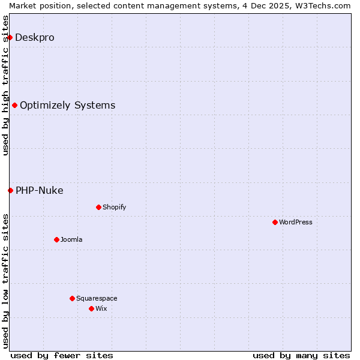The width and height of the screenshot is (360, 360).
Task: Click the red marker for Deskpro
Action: tap(10, 37)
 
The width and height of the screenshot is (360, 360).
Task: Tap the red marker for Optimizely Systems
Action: tap(14, 106)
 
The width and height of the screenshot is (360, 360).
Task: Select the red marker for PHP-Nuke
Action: tap(10, 191)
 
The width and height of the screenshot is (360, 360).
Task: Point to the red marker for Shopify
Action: tap(98, 208)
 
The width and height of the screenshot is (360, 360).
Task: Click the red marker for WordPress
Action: tap(275, 222)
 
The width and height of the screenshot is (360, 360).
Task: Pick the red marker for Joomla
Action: tap(56, 239)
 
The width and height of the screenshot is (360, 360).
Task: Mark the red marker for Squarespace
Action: tap(72, 298)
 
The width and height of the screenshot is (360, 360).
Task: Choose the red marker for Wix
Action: tap(91, 308)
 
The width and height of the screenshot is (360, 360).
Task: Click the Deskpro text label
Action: tap(35, 37)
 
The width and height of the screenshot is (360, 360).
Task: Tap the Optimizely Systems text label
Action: tap(68, 106)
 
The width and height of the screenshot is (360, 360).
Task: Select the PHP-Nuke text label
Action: tap(40, 191)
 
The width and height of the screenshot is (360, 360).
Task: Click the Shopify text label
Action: tap(115, 208)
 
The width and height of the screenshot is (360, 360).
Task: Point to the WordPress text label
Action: tap(296, 222)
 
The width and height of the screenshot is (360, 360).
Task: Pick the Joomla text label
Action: tap(71, 239)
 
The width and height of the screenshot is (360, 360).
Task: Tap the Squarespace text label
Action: tap(97, 298)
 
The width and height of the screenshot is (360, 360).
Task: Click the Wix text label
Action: tap(101, 308)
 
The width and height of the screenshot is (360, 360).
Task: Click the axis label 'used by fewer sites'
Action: tap(62, 355)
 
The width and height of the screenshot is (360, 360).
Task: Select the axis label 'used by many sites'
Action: tap(301, 355)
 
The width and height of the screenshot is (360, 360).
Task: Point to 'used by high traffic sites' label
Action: tap(6, 85)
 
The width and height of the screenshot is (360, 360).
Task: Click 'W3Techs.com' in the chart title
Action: tap(325, 5)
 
